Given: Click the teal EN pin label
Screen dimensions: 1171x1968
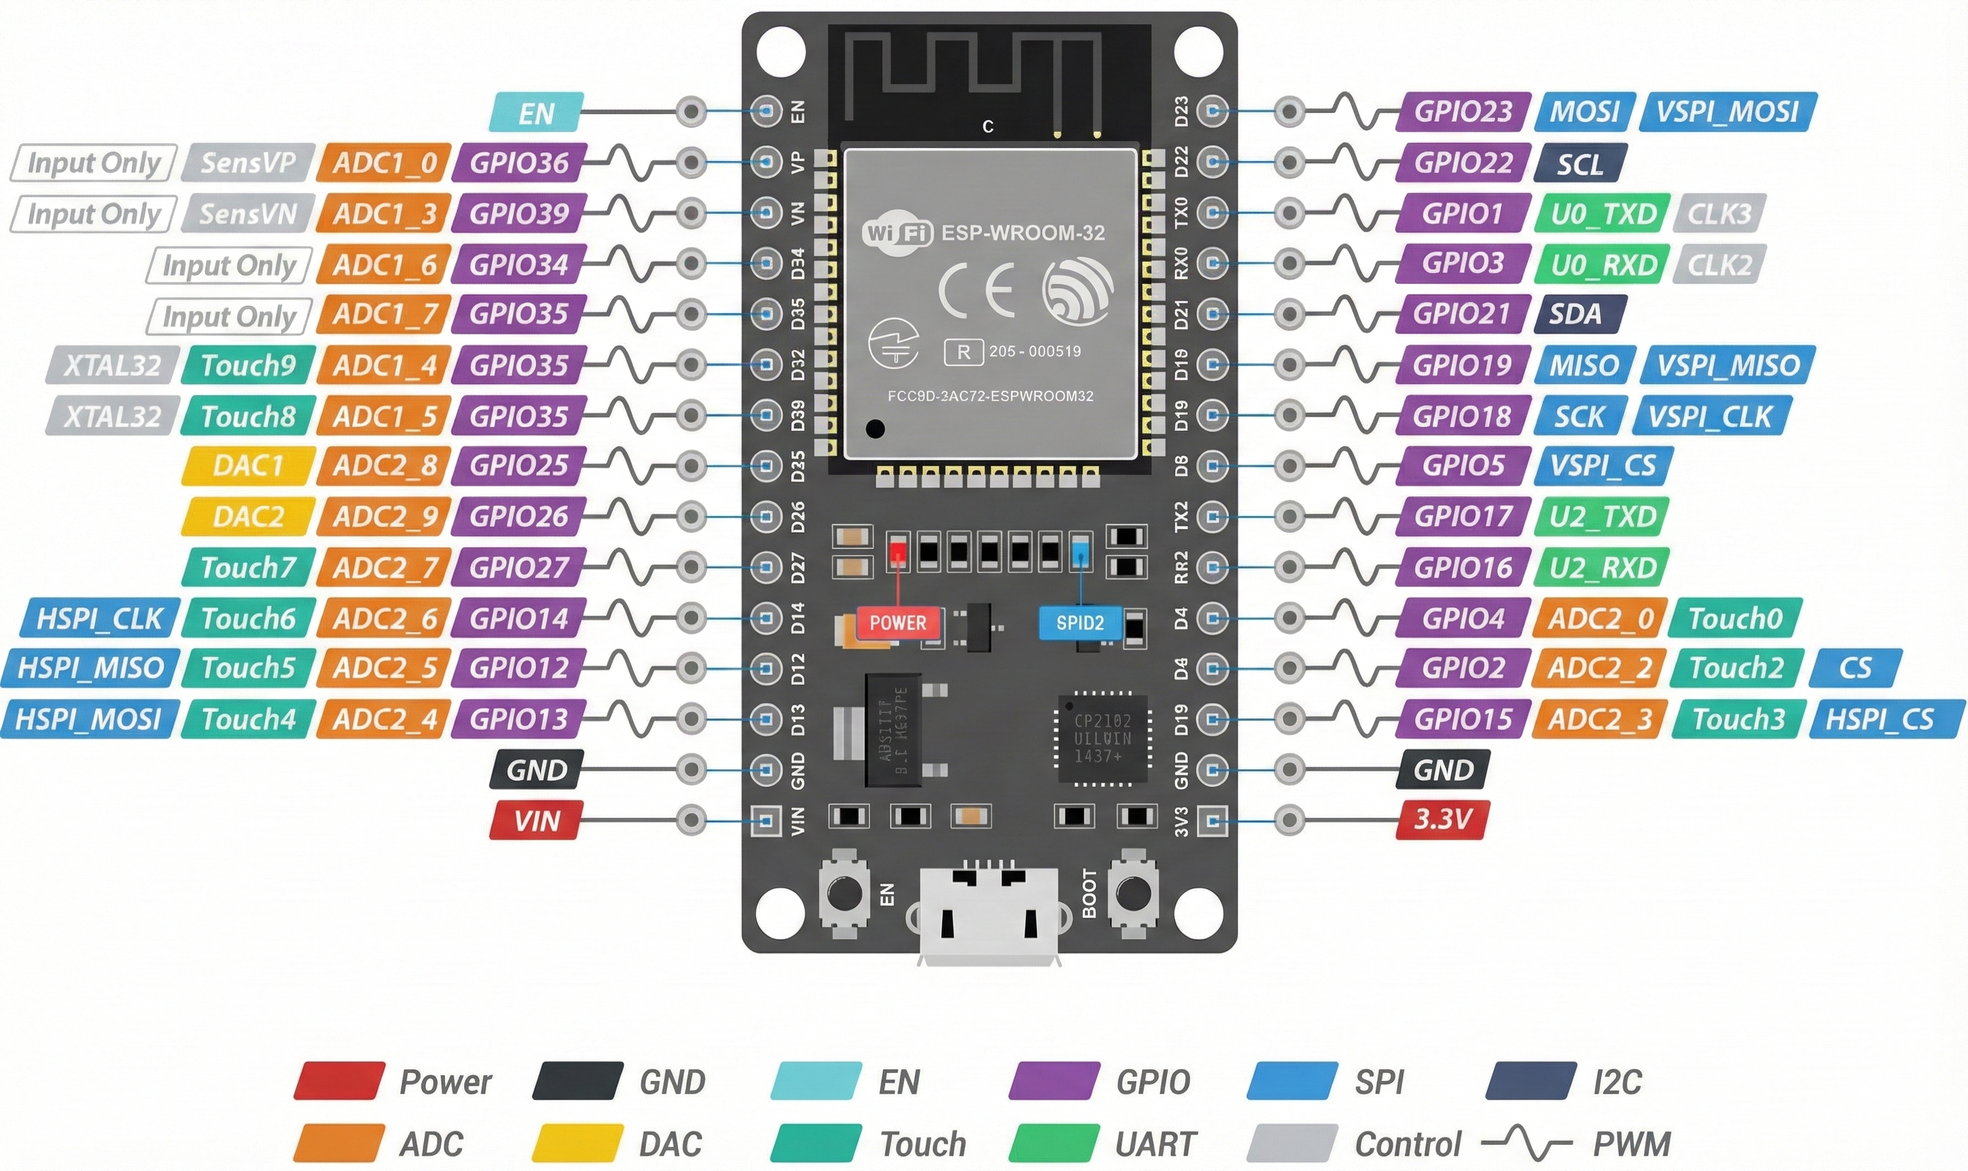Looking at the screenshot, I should click(536, 112).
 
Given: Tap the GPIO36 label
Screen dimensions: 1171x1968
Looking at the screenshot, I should click(518, 162).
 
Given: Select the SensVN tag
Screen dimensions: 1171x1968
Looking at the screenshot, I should click(248, 214).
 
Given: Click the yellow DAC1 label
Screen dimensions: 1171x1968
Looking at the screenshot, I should click(248, 465).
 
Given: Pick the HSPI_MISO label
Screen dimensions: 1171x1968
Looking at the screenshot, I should click(90, 668).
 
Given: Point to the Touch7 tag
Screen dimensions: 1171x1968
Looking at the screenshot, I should click(248, 567).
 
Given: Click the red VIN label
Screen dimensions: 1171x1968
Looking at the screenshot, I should click(536, 820).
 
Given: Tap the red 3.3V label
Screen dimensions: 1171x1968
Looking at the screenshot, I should click(1442, 819).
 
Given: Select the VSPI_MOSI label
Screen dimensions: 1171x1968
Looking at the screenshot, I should click(1727, 112).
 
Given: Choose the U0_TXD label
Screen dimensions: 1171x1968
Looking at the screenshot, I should click(1603, 214).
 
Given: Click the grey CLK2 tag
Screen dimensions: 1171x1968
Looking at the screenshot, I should click(1718, 264).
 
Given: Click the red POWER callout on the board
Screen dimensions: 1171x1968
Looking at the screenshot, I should click(898, 623).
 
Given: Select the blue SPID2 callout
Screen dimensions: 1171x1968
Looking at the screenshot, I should click(1079, 623).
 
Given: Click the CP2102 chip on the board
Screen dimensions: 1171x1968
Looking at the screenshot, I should click(1102, 738).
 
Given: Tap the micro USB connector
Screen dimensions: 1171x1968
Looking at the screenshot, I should click(988, 916).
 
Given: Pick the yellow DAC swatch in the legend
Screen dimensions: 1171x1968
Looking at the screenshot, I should click(578, 1143).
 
